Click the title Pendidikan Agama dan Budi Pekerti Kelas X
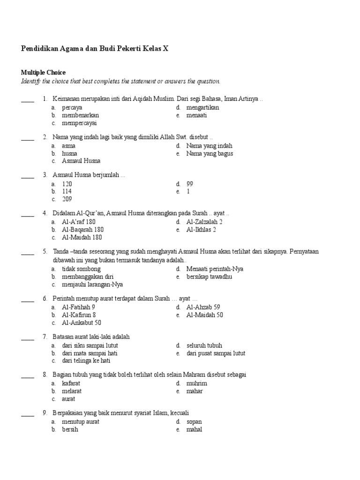click(x=94, y=49)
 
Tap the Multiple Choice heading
click(x=43, y=73)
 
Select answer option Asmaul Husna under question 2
click(x=81, y=161)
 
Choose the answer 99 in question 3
click(x=190, y=184)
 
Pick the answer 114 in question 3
click(x=67, y=191)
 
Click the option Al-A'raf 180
click(x=79, y=222)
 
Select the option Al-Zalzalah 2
click(x=204, y=222)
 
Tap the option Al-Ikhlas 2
click(x=201, y=230)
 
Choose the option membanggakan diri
click(x=88, y=277)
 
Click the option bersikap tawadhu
click(x=209, y=277)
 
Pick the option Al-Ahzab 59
click(x=203, y=307)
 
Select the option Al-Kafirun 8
click(x=79, y=315)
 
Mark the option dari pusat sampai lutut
click(x=216, y=353)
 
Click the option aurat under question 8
click(x=68, y=399)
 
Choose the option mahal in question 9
click(x=194, y=429)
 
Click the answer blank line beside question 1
click(x=28, y=100)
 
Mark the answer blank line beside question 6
click(x=28, y=300)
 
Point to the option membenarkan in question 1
click(x=80, y=115)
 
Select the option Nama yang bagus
click(x=210, y=153)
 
